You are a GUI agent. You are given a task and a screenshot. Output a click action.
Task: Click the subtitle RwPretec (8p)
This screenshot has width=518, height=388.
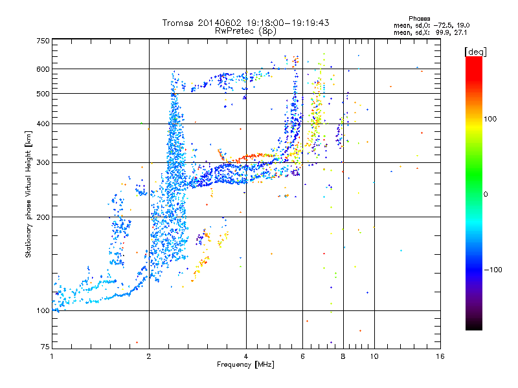click(x=245, y=31)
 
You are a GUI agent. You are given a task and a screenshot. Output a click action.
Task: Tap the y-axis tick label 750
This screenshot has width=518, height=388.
click(x=43, y=41)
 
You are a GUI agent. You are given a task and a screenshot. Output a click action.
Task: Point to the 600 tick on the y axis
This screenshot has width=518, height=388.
click(x=43, y=69)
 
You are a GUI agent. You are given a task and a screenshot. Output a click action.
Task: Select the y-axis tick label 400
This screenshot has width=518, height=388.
click(x=43, y=124)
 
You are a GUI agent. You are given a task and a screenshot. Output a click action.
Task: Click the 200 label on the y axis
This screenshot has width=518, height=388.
click(x=43, y=217)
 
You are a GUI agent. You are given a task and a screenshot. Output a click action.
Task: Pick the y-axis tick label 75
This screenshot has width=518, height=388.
click(x=45, y=347)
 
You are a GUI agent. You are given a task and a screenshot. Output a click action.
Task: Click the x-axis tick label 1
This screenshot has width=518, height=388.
click(x=52, y=356)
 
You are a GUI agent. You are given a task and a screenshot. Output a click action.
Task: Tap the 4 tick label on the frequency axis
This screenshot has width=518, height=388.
click(x=246, y=356)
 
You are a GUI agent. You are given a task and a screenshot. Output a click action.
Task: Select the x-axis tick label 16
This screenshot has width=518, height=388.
click(x=440, y=356)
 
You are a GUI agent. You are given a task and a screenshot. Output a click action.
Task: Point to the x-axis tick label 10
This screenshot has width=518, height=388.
click(x=374, y=356)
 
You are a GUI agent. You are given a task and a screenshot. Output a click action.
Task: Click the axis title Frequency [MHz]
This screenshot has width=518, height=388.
click(x=245, y=365)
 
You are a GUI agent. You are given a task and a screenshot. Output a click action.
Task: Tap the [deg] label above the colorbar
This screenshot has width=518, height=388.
click(x=475, y=52)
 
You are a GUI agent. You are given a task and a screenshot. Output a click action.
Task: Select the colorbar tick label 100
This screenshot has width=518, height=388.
click(x=490, y=119)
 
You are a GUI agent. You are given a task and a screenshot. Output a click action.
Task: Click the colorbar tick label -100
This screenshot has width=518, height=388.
click(x=493, y=270)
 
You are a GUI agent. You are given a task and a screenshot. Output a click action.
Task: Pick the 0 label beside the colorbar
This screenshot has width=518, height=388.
click(x=486, y=194)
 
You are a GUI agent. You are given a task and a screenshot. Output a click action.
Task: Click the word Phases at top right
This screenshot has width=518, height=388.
click(x=419, y=19)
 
